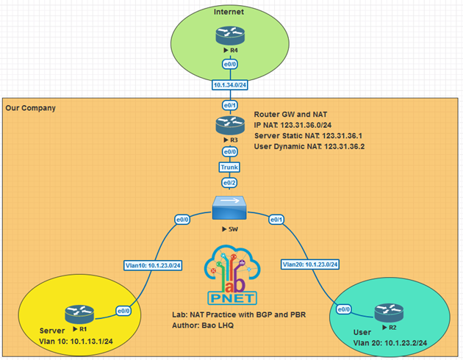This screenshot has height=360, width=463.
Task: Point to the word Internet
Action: [229, 12]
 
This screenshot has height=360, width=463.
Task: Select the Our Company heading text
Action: [30, 108]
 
